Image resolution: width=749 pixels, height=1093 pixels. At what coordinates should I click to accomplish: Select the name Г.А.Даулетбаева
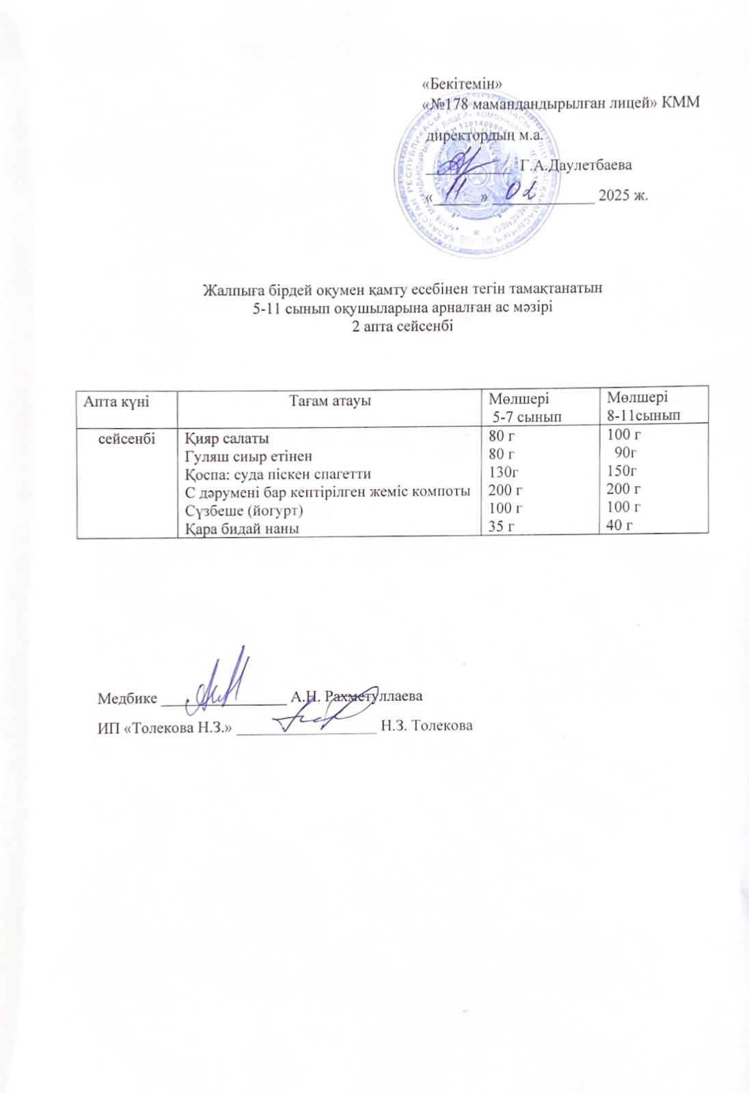pos(575,165)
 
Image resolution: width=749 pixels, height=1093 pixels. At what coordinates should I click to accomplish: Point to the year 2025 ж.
pos(623,195)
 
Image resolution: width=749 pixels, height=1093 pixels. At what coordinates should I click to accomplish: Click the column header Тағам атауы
pos(329,401)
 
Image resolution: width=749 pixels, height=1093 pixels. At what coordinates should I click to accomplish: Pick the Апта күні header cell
pos(116,401)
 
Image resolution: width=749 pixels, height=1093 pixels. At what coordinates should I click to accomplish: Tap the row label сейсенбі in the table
pos(127,438)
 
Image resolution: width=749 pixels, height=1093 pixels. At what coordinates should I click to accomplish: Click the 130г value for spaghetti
pos(500,472)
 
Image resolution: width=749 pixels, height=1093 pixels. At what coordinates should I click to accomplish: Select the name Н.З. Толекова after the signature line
pos(426,725)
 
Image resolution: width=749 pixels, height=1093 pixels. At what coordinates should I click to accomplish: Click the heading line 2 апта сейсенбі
pos(402,326)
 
